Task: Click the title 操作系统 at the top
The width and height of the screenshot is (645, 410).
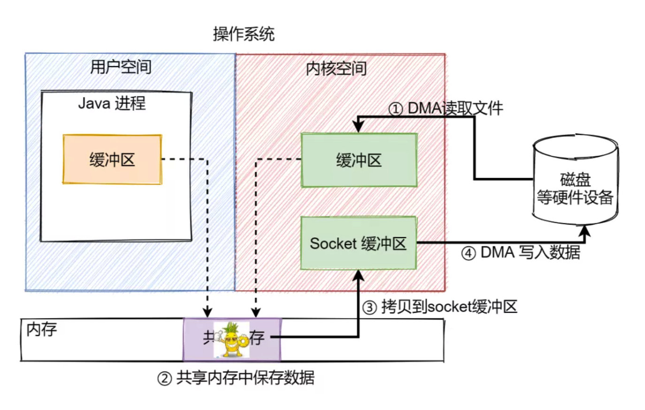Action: (244, 34)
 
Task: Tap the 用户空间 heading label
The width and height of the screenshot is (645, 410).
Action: (121, 67)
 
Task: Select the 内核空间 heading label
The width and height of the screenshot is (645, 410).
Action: (336, 69)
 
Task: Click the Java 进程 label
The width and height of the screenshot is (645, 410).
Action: (112, 103)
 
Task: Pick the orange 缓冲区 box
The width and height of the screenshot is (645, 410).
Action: (112, 159)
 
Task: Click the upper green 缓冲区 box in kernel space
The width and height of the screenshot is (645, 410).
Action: (359, 160)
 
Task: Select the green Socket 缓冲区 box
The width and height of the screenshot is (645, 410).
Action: (358, 243)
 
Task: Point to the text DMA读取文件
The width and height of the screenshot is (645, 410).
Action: (455, 108)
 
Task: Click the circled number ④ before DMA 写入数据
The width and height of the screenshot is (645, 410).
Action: (468, 254)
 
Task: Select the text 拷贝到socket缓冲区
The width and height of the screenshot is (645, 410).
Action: (449, 307)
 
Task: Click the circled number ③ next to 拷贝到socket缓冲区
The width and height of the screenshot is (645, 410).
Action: (370, 308)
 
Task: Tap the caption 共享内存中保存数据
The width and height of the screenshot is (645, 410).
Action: (245, 378)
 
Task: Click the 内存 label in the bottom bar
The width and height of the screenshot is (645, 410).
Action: (41, 329)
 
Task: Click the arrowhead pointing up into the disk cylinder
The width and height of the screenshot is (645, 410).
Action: (585, 230)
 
